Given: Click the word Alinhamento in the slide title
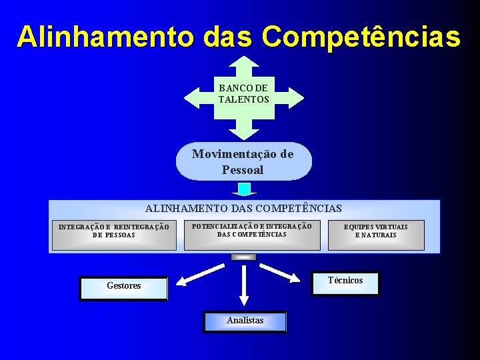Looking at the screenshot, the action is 101,37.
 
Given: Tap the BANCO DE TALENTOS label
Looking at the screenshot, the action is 244,94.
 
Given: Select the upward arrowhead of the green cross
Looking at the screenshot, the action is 244,64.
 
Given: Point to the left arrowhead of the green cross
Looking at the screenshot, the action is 193,97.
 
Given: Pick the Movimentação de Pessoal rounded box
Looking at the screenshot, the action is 243,162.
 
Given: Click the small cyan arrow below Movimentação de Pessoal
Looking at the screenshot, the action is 244,190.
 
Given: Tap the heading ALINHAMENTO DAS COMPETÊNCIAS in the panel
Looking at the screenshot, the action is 244,209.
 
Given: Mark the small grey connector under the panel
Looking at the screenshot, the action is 243,257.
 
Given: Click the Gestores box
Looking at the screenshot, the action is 123,289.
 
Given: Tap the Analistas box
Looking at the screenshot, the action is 245,321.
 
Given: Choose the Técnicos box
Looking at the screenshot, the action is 346,283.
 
